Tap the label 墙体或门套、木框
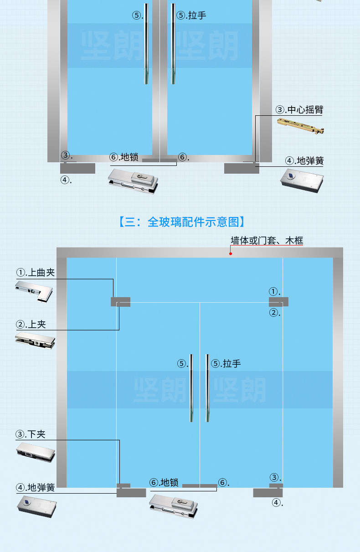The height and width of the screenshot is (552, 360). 267,240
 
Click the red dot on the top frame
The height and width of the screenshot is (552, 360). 231,253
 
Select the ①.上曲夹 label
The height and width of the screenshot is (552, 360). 36,273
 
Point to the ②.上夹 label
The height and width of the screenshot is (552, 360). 31,324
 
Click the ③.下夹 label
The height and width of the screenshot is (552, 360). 31,434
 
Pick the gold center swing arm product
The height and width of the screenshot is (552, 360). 301,126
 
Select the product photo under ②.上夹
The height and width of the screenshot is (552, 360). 35,340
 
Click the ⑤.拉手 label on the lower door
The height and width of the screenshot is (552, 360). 226,363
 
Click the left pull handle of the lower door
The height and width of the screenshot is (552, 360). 191,387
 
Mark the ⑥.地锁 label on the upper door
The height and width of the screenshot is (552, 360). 124,157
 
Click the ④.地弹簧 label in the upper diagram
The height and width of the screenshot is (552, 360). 304,160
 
